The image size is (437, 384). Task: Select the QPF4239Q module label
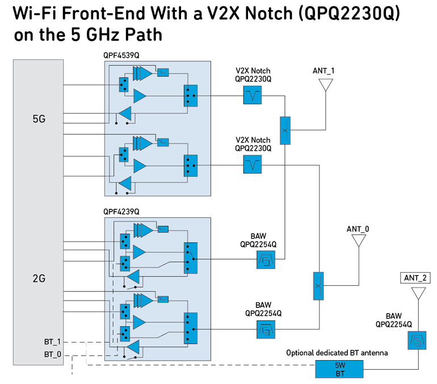pos(121,212)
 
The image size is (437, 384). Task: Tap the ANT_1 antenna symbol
pos(325,85)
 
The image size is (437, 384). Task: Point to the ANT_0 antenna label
pos(358,229)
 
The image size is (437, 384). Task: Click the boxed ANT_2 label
pos(417,277)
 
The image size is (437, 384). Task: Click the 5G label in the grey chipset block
pos(39,120)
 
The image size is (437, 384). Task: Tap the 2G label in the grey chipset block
pos(39,278)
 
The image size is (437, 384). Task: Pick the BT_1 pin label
pos(52,342)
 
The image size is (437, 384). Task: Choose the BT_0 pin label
pos(52,354)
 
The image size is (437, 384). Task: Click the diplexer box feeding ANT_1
pos(285,130)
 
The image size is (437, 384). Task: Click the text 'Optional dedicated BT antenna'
pos(337,353)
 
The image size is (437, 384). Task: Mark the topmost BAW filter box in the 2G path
pos(266,261)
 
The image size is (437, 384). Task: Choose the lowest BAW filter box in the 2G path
pos(266,330)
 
